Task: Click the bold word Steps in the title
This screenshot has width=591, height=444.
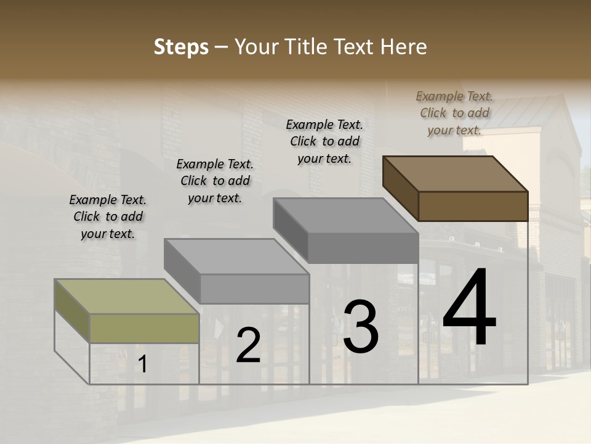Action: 181,47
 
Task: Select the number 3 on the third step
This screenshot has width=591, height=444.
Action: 360,327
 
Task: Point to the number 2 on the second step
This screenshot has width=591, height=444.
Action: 248,345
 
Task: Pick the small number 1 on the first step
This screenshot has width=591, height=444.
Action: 142,364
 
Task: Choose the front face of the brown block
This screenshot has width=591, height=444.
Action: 473,206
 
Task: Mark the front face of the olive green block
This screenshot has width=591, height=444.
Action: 144,328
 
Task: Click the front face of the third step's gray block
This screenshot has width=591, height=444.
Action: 363,248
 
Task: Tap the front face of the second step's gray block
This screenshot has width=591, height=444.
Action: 254,289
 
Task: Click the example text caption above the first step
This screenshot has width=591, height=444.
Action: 108,216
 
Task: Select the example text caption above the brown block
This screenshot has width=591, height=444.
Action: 454,113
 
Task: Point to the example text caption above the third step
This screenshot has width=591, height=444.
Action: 324,141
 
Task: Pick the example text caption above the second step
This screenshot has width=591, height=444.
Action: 215,181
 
